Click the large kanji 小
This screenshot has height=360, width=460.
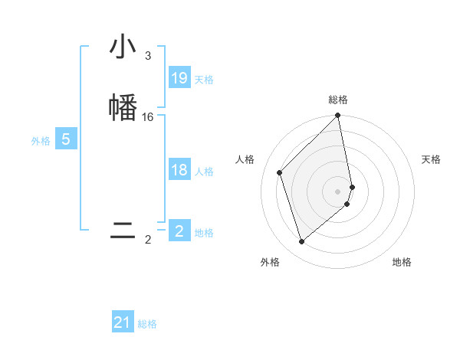tap(123, 47)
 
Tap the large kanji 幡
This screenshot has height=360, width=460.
tap(123, 106)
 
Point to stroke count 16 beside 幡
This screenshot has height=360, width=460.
tap(148, 117)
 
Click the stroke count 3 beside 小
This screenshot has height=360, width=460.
tap(148, 56)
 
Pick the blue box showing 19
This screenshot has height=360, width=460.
tap(179, 78)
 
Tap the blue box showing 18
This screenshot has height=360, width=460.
tap(179, 170)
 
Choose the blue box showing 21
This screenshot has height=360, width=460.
tap(123, 323)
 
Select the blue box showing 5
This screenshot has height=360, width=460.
tap(66, 139)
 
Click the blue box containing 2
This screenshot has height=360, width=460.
tap(179, 231)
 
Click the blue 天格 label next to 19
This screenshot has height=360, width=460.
tap(204, 79)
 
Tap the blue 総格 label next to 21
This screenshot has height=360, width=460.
tap(147, 324)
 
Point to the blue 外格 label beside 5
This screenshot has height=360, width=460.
tap(41, 141)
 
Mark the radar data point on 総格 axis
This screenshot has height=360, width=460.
tap(338, 116)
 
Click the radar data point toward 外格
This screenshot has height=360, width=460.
tap(302, 242)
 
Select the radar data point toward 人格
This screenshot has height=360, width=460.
tap(280, 172)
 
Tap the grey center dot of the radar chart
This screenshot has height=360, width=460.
tap(338, 191)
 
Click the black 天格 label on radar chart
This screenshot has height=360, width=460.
tap(431, 159)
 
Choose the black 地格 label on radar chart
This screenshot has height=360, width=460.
tap(402, 262)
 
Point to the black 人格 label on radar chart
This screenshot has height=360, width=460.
tap(245, 159)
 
